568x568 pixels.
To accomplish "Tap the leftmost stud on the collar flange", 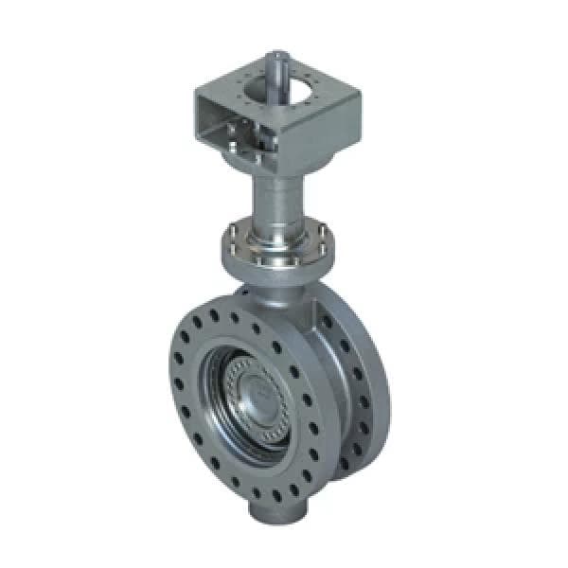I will (230, 236).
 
